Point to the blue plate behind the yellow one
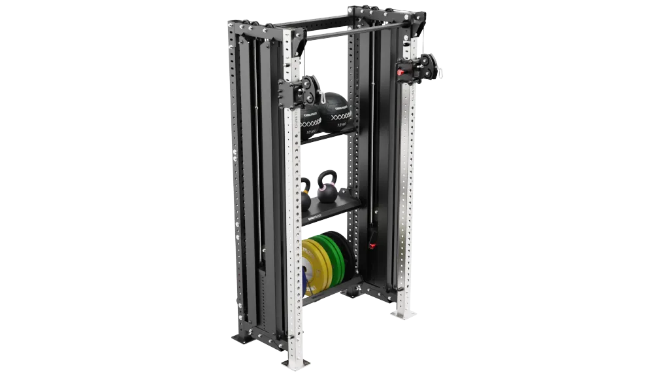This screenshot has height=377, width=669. [304, 278]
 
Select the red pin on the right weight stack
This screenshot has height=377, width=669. [373, 246]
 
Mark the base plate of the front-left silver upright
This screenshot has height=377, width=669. [294, 361]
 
